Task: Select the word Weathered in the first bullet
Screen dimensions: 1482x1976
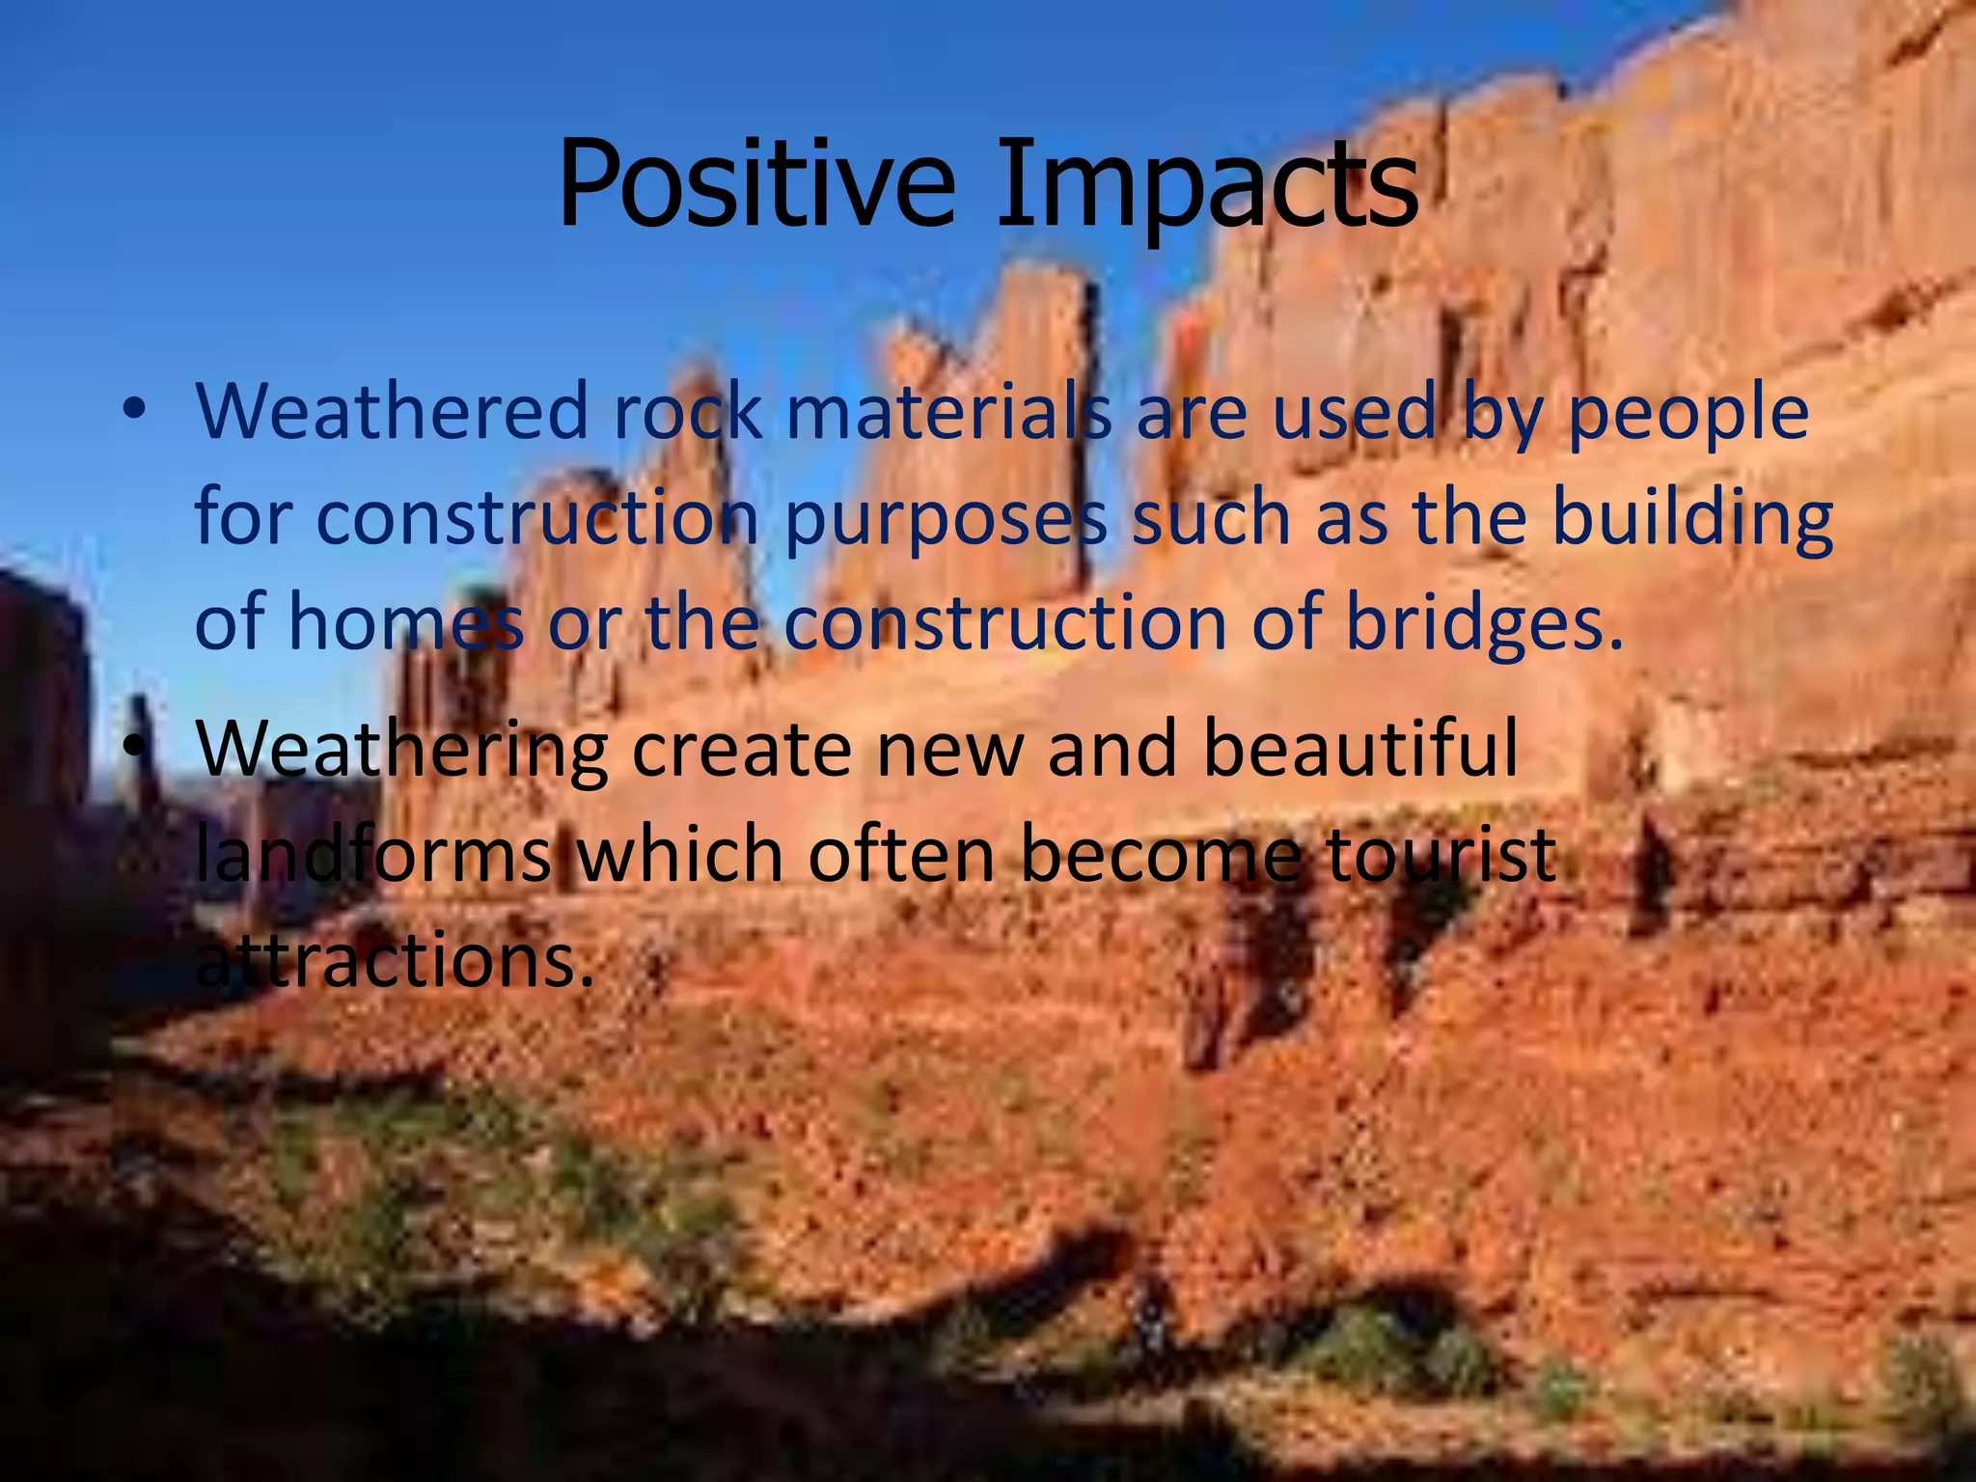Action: (x=392, y=411)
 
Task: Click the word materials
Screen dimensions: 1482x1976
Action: (x=949, y=411)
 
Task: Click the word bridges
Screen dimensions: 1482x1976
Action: (x=1485, y=625)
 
